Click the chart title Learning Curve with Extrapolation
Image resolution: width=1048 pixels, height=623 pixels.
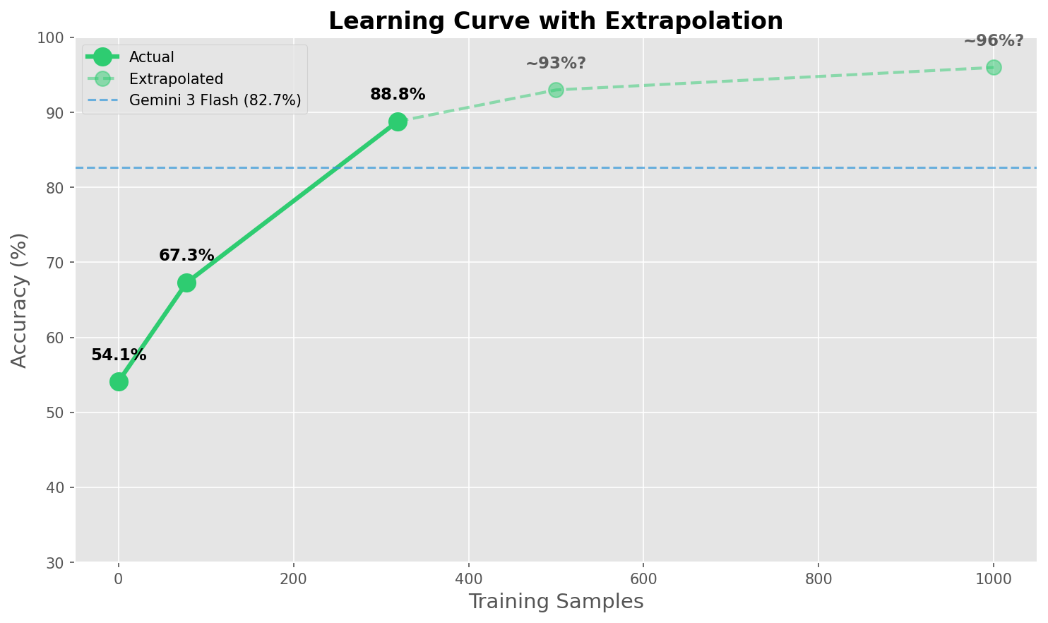pyautogui.click(x=555, y=21)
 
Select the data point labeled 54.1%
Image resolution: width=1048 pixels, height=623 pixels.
pyautogui.click(x=119, y=381)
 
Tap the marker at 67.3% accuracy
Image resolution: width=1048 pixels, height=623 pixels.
pyautogui.click(x=186, y=283)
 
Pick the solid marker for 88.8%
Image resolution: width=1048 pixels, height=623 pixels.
pyautogui.click(x=398, y=121)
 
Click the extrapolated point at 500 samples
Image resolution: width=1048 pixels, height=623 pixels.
pyautogui.click(x=556, y=90)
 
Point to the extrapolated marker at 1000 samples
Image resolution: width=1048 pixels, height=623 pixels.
pyautogui.click(x=993, y=67)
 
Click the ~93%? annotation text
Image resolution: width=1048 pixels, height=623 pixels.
pyautogui.click(x=555, y=64)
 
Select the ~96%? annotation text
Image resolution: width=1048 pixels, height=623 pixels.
pyautogui.click(x=993, y=41)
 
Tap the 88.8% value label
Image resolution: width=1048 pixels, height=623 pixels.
pyautogui.click(x=398, y=95)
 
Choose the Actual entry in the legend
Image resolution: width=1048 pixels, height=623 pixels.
pyautogui.click(x=151, y=57)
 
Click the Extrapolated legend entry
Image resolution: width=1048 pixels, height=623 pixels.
pyautogui.click(x=176, y=79)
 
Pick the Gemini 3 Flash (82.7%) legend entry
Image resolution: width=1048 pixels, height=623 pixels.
pyautogui.click(x=215, y=101)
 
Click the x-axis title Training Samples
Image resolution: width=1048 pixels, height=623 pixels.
pyautogui.click(x=556, y=602)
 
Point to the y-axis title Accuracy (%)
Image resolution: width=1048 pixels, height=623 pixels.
pyautogui.click(x=20, y=300)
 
